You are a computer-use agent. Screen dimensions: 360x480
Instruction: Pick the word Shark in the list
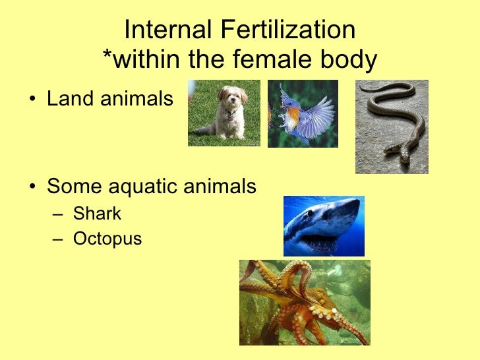tap(97, 214)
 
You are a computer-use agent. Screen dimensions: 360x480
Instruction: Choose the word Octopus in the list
tap(107, 238)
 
